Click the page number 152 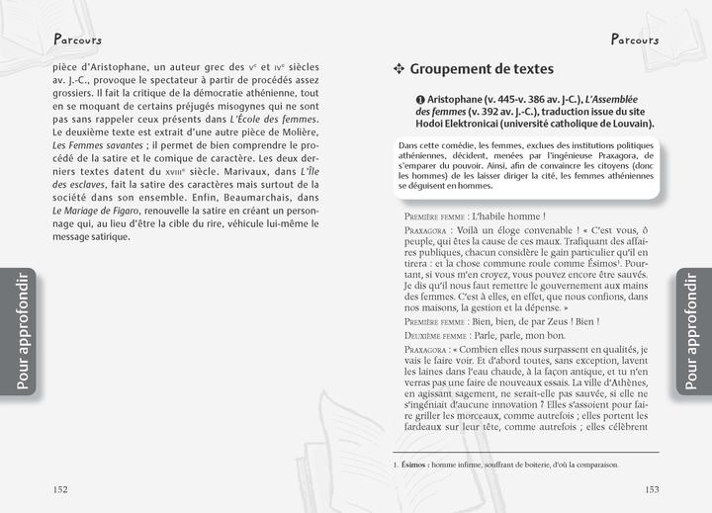[x=60, y=488]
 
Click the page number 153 [x=652, y=488]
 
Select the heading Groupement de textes [x=482, y=69]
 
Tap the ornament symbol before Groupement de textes [x=400, y=69]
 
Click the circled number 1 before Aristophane [x=420, y=100]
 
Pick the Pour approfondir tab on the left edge [x=22, y=331]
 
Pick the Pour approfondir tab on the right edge [x=690, y=331]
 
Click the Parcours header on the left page [x=78, y=40]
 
